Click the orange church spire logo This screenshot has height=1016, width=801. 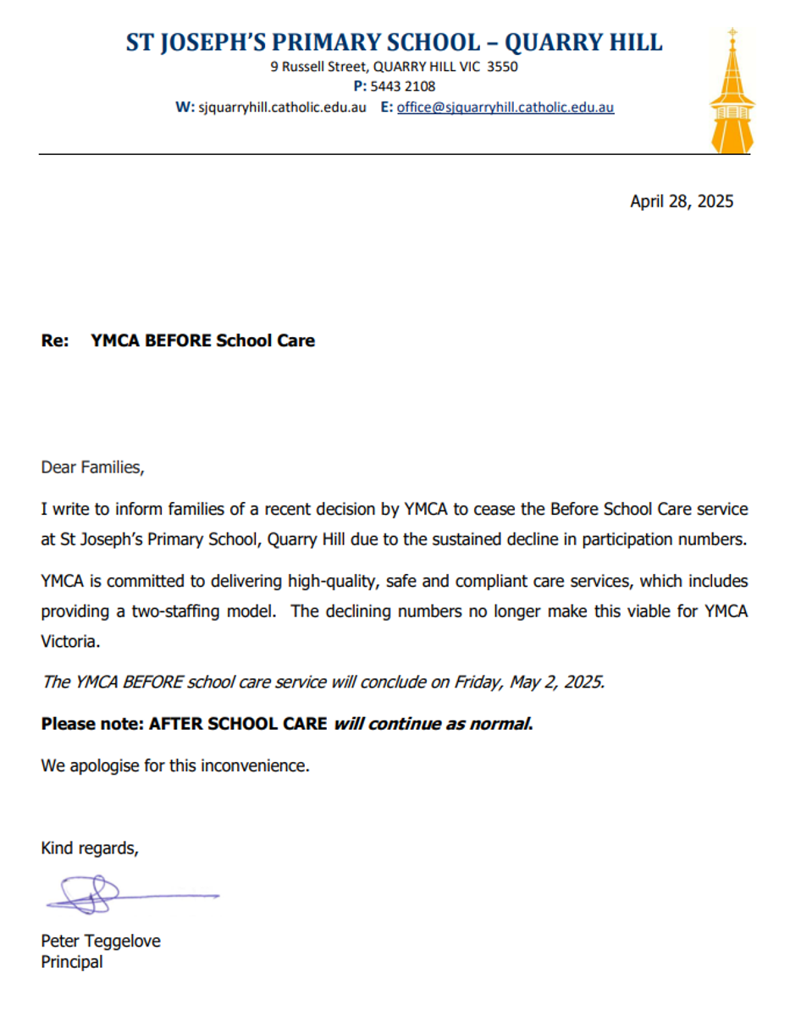pyautogui.click(x=732, y=93)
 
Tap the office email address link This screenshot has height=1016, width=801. pyautogui.click(x=505, y=108)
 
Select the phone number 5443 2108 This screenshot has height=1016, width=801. pyautogui.click(x=403, y=86)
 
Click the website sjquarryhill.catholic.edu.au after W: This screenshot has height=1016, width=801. pyautogui.click(x=282, y=108)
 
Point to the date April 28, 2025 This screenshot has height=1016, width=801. pyautogui.click(x=682, y=202)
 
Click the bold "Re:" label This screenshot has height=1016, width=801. pyautogui.click(x=54, y=341)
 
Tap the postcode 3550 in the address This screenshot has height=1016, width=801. pyautogui.click(x=502, y=66)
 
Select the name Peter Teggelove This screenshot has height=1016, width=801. pyautogui.click(x=100, y=941)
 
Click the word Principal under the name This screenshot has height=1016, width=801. pyautogui.click(x=72, y=962)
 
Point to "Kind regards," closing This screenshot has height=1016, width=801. pyautogui.click(x=89, y=848)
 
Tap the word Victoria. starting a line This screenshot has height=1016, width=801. pyautogui.click(x=70, y=642)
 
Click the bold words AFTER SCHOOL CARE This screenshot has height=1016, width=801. pyautogui.click(x=238, y=724)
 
